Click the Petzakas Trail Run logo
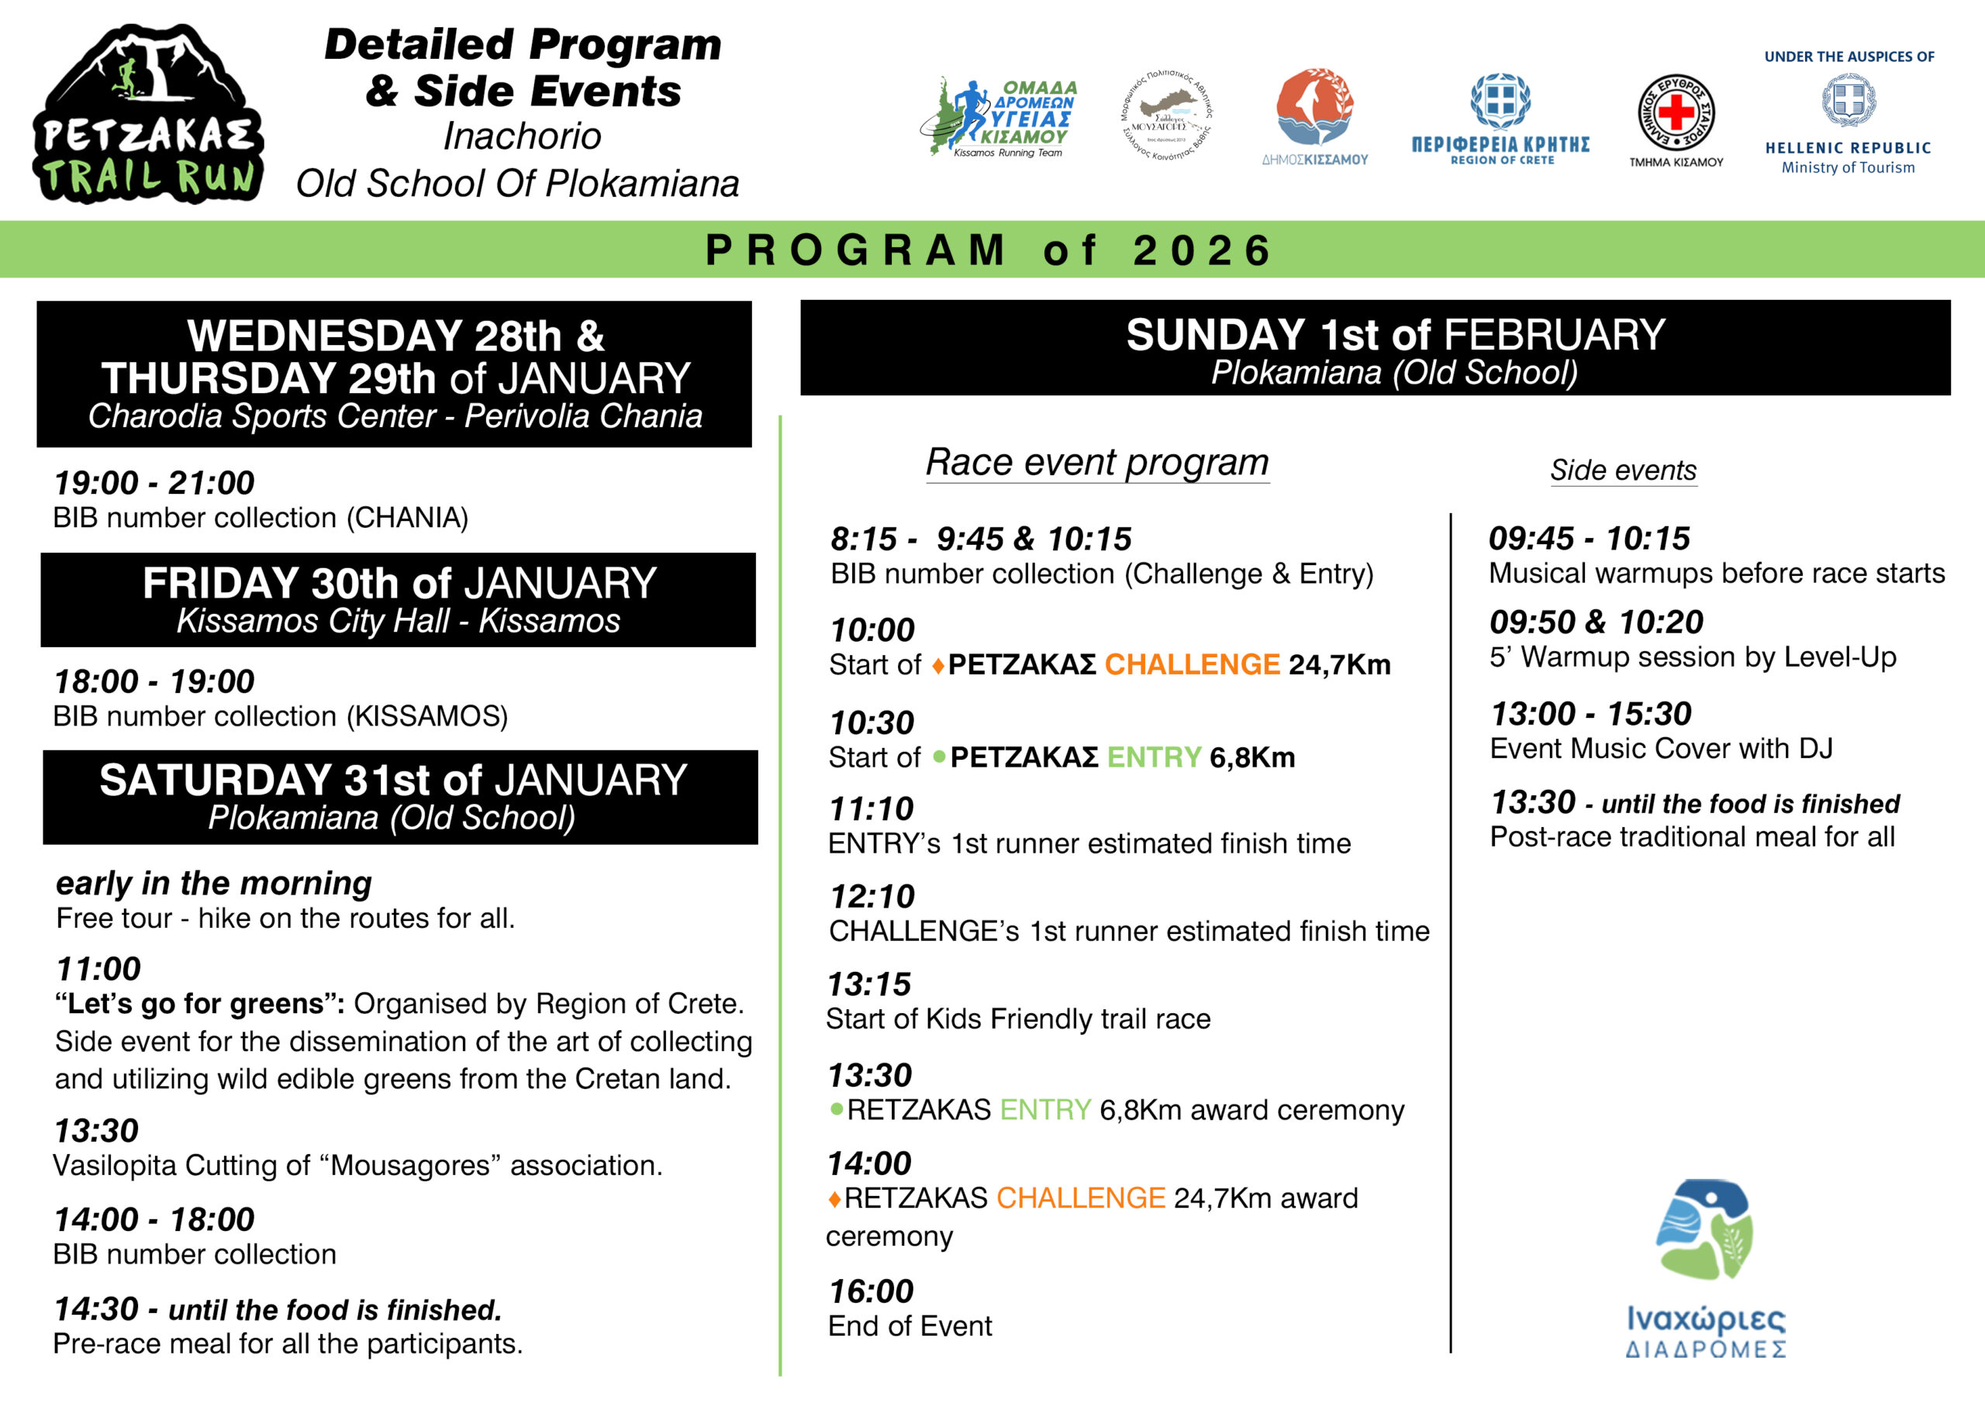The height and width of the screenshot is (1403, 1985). pyautogui.click(x=148, y=115)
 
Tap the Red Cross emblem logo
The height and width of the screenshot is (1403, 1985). pyautogui.click(x=1676, y=113)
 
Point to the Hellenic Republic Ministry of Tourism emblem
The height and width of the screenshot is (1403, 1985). pyautogui.click(x=1849, y=101)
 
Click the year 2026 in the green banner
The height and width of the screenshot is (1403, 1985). pyautogui.click(x=1202, y=250)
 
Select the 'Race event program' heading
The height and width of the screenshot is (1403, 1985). pyautogui.click(x=1097, y=463)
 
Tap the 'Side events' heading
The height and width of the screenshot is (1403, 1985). pyautogui.click(x=1623, y=471)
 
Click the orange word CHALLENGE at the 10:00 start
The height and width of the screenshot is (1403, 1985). pyautogui.click(x=1191, y=665)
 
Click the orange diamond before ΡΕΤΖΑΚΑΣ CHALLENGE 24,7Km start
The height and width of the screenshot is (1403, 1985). pyautogui.click(x=938, y=667)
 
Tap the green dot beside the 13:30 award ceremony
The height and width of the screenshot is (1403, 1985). pyautogui.click(x=836, y=1109)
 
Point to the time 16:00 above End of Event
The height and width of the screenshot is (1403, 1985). pyautogui.click(x=871, y=1291)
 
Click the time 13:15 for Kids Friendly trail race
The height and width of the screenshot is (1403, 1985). pyautogui.click(x=869, y=984)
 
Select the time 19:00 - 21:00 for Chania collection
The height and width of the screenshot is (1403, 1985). pyautogui.click(x=154, y=482)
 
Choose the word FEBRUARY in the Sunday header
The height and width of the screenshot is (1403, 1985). pyautogui.click(x=1554, y=335)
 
